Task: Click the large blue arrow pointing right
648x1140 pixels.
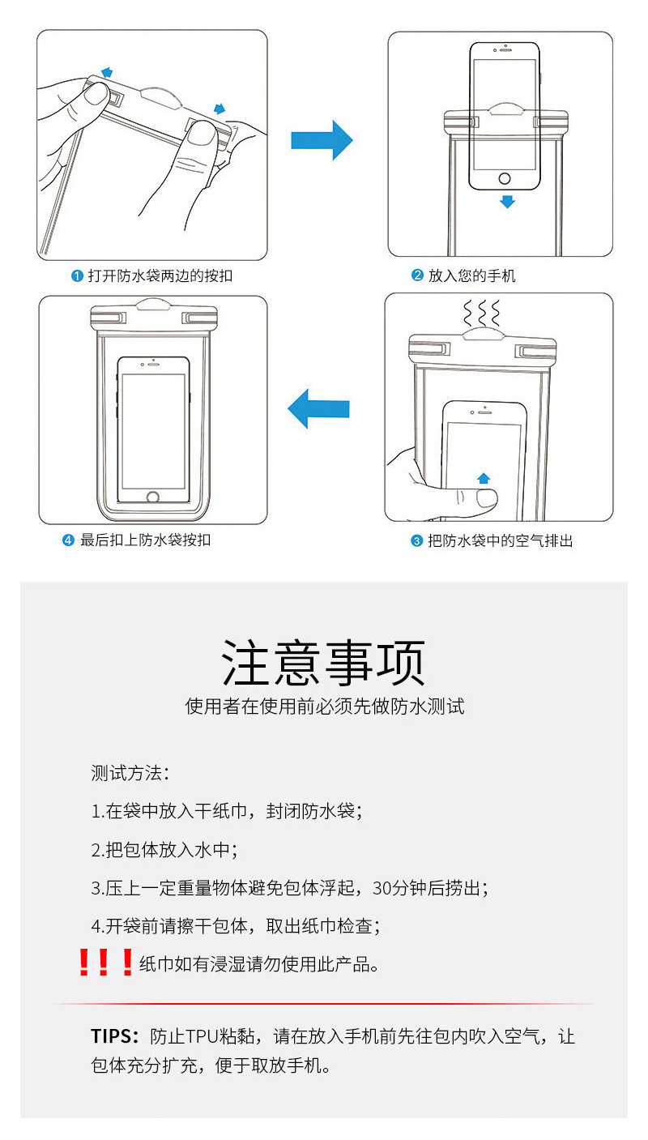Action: [x=322, y=140]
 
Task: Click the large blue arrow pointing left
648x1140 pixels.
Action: [x=318, y=408]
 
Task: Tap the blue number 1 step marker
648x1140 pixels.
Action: [x=78, y=276]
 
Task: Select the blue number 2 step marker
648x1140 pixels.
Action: [x=418, y=276]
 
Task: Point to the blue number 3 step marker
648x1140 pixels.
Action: [x=417, y=540]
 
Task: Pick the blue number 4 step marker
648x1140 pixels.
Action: [x=69, y=540]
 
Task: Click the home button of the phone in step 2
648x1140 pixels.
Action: [x=505, y=178]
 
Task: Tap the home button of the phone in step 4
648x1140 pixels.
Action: [x=153, y=497]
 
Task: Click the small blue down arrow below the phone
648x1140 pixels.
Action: [x=507, y=201]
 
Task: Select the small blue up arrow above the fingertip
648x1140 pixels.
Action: [x=484, y=478]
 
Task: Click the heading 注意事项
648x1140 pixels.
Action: [x=324, y=664]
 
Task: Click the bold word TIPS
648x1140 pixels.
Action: [x=114, y=1036]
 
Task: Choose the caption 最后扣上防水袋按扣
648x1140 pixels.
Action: [x=145, y=540]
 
